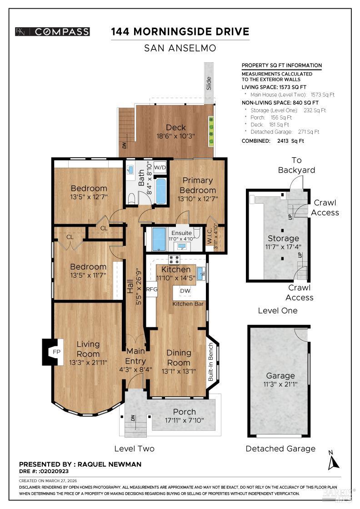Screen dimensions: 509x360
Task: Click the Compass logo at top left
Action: click(52, 31)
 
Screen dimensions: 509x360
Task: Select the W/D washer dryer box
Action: click(160, 167)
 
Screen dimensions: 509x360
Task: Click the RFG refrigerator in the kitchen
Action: click(151, 289)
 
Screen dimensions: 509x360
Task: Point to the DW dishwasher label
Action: click(185, 291)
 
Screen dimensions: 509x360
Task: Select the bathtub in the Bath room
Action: click(161, 191)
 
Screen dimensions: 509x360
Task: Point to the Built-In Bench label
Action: click(211, 362)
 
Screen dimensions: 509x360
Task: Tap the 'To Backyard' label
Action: click(297, 165)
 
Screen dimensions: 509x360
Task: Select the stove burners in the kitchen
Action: click(174, 259)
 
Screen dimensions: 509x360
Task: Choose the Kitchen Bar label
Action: click(188, 304)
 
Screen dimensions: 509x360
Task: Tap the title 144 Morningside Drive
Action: click(180, 31)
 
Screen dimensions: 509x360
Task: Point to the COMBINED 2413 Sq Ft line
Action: click(273, 141)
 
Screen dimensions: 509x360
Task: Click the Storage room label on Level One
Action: click(283, 238)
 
